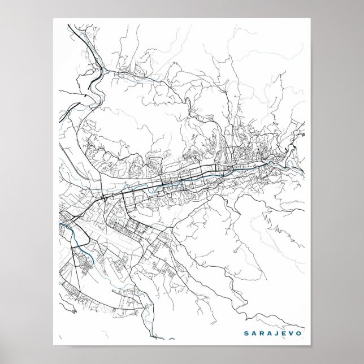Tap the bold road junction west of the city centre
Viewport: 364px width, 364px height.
(105, 198)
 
